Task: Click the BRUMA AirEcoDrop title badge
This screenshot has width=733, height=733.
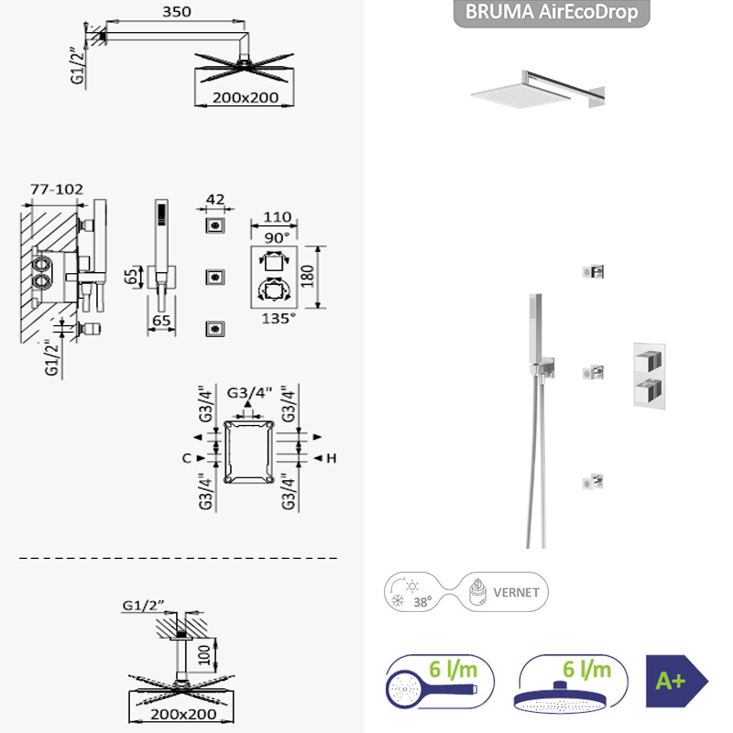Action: pyautogui.click(x=552, y=13)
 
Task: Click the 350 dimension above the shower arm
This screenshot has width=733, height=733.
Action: pyautogui.click(x=177, y=11)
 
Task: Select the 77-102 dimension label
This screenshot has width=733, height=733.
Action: pyautogui.click(x=57, y=190)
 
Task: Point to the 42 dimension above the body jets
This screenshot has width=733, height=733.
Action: pyautogui.click(x=215, y=200)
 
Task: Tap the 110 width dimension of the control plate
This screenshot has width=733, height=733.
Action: pyautogui.click(x=278, y=217)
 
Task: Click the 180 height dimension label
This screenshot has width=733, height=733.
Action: pyautogui.click(x=307, y=277)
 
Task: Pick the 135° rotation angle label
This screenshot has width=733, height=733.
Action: pyautogui.click(x=279, y=319)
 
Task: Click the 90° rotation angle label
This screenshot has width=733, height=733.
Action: pyautogui.click(x=278, y=237)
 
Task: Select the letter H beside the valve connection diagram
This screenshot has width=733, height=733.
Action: pyautogui.click(x=332, y=458)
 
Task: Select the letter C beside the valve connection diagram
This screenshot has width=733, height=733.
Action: pyautogui.click(x=187, y=458)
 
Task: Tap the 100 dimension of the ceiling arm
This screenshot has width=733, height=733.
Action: pyautogui.click(x=204, y=655)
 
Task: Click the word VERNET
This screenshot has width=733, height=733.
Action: pyautogui.click(x=516, y=593)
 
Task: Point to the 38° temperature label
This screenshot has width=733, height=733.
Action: pyautogui.click(x=422, y=602)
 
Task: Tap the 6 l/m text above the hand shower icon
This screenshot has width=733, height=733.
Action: pyautogui.click(x=453, y=670)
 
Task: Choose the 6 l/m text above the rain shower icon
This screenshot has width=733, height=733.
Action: pyautogui.click(x=586, y=670)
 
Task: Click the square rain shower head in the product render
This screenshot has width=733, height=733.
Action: pyautogui.click(x=521, y=95)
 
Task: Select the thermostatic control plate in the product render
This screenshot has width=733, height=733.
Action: pyautogui.click(x=650, y=377)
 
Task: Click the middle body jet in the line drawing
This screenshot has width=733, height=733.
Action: pyautogui.click(x=215, y=277)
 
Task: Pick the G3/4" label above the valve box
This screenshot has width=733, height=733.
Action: pyautogui.click(x=249, y=393)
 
